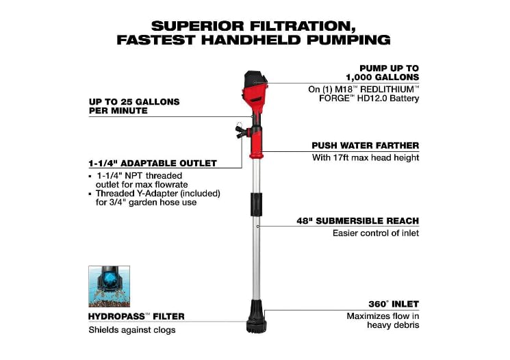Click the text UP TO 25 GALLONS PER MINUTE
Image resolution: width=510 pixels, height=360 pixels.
pos(134,106)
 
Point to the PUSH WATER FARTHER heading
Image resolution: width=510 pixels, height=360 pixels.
pos(365,146)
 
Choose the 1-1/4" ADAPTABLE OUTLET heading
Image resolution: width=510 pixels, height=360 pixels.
pos(153,164)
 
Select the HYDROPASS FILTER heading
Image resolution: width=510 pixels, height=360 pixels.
pos(136,317)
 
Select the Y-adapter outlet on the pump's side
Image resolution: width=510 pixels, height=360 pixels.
pos(240,130)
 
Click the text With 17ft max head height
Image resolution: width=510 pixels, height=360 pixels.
pos(366,158)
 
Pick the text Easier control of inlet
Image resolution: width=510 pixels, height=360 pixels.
pos(376,233)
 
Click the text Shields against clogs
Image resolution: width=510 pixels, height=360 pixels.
pos(132,330)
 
